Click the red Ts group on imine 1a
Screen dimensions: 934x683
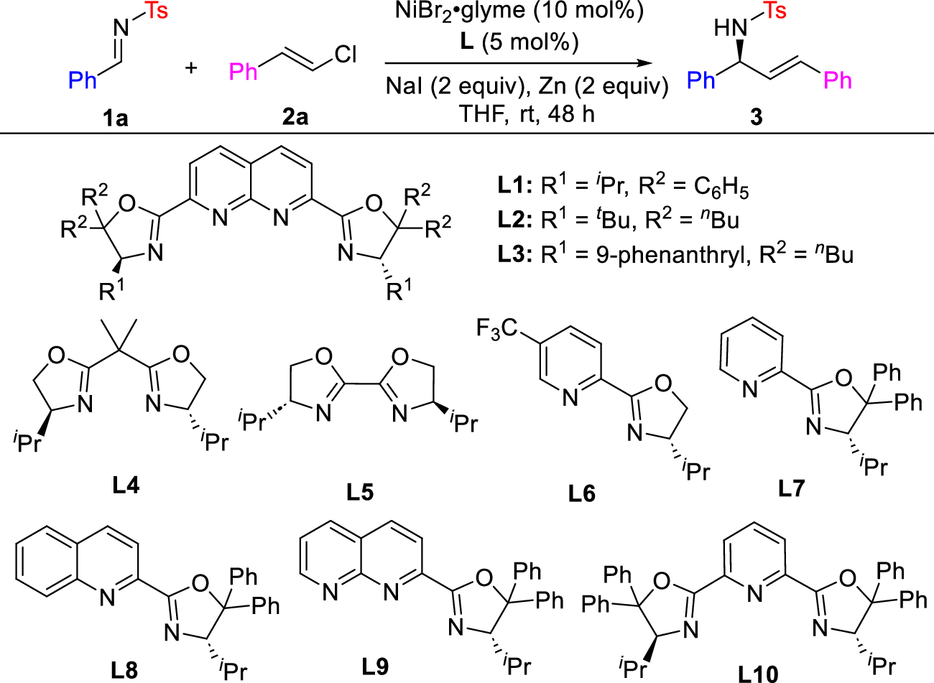(x=156, y=11)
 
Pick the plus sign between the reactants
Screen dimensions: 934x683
(x=190, y=69)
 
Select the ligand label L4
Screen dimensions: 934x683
(x=125, y=485)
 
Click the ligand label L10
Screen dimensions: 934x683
(x=758, y=672)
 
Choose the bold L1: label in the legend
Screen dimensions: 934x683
(x=514, y=186)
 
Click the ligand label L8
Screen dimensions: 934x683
(x=124, y=669)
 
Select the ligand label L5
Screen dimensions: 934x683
(x=360, y=492)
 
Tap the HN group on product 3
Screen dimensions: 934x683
(x=731, y=29)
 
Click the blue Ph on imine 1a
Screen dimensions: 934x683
(x=83, y=80)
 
